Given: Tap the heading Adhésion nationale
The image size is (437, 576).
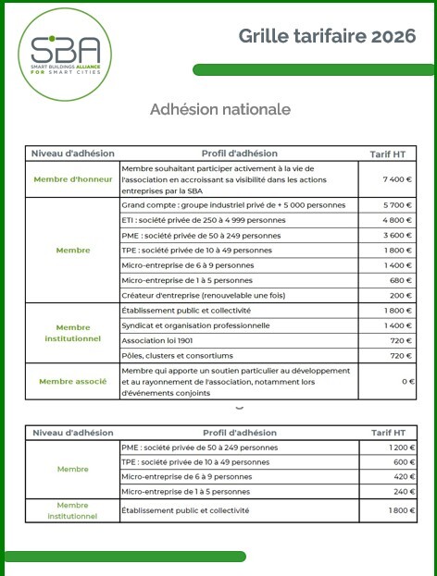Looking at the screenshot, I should [219, 109].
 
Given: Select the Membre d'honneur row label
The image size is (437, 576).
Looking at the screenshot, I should [73, 178].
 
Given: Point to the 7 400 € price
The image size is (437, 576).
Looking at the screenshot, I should [397, 179].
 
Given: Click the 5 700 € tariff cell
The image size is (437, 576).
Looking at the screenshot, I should [397, 204].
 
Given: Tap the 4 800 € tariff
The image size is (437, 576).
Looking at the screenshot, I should [397, 220].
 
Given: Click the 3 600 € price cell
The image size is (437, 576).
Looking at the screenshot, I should [397, 236].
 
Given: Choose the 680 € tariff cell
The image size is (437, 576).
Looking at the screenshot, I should [400, 279].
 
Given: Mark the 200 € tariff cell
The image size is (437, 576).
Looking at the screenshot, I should [400, 294].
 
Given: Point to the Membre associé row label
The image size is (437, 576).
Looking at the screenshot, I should [73, 381].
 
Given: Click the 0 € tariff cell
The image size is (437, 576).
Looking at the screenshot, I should [406, 381].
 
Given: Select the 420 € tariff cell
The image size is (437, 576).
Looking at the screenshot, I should [401, 477].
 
